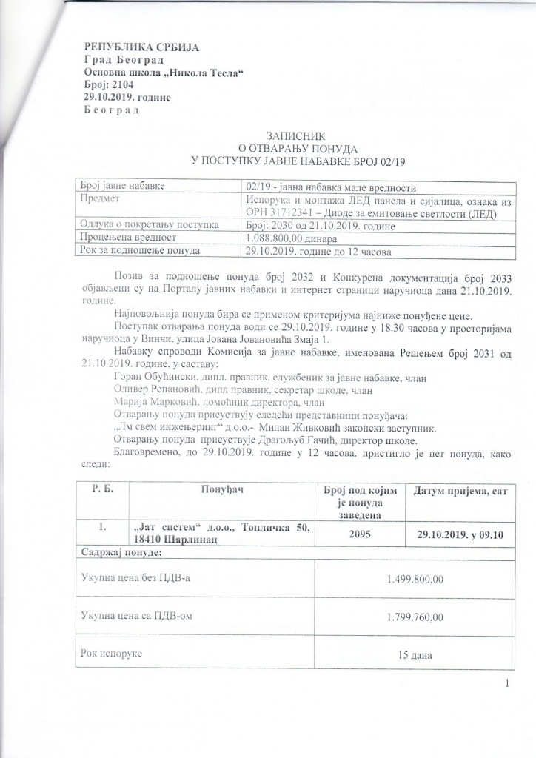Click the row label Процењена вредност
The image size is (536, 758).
[x=126, y=238]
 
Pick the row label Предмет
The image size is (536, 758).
[x=101, y=198]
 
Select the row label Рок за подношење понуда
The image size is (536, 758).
[x=140, y=250]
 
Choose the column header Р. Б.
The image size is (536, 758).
[x=101, y=491]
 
